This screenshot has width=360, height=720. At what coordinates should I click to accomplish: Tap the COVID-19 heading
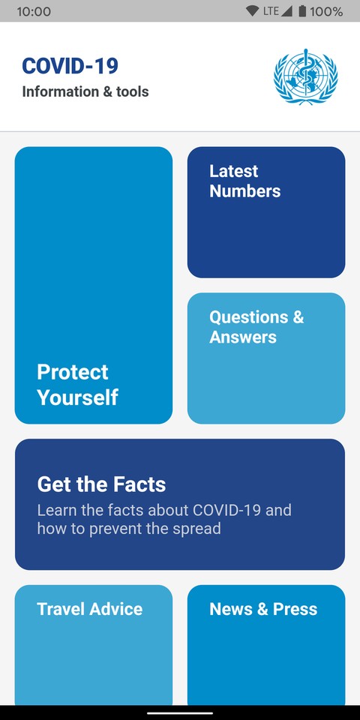[70, 66]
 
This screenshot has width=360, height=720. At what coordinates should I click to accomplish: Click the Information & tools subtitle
[85, 91]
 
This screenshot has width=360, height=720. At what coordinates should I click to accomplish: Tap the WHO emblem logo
[306, 76]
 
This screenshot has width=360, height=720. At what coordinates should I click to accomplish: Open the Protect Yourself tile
[94, 285]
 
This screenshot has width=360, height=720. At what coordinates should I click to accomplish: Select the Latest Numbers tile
[266, 212]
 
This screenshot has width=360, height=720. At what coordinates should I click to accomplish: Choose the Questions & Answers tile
[266, 358]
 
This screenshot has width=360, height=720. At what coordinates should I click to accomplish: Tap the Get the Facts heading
[101, 484]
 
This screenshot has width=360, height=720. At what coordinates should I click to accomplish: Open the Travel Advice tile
[94, 645]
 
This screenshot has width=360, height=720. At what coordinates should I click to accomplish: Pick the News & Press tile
[266, 645]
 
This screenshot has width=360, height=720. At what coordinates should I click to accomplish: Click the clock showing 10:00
[34, 11]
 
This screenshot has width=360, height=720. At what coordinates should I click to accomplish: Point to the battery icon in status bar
[302, 11]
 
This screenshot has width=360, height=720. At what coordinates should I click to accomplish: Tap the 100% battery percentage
[326, 11]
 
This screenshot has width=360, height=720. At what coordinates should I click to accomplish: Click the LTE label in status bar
[271, 11]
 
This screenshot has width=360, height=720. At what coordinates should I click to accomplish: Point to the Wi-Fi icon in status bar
[252, 11]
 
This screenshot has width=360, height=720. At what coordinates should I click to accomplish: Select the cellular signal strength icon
[286, 11]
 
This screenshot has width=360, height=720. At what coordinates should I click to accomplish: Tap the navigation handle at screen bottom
[180, 712]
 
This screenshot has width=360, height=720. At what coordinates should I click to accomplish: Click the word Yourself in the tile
[77, 397]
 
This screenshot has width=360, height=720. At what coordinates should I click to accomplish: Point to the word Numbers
[245, 191]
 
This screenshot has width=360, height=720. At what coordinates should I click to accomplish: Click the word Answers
[243, 337]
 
